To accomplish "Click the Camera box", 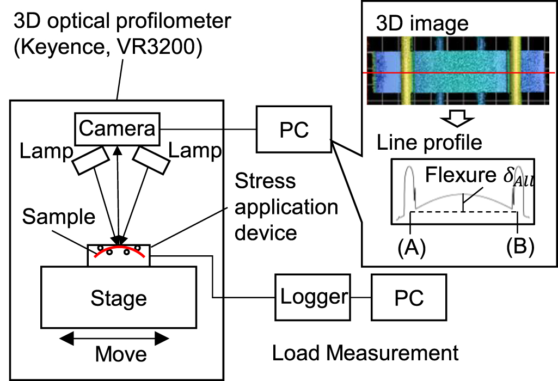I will coord(118,128).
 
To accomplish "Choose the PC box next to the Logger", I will coord(408,297).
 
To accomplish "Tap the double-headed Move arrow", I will coord(114,339).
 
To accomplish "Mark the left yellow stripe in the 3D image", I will coord(406,71).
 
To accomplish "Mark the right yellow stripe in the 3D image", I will coord(514,71).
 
